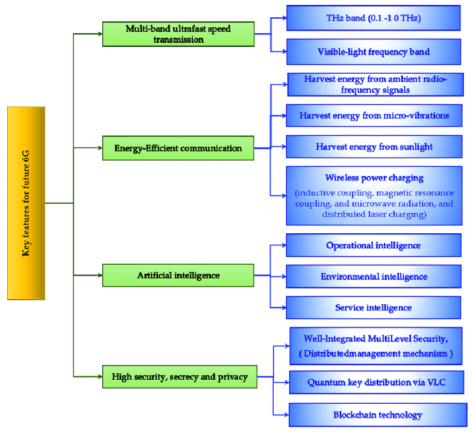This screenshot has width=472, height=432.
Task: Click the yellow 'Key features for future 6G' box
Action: click(x=26, y=203)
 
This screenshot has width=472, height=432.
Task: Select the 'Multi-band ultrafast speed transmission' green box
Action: click(x=178, y=34)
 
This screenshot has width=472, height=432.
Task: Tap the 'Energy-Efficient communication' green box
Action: click(x=178, y=148)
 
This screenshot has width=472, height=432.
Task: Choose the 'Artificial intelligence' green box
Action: click(x=178, y=275)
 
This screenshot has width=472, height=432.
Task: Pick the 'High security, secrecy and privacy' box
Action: click(x=180, y=377)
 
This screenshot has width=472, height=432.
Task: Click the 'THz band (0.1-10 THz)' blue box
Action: click(x=374, y=18)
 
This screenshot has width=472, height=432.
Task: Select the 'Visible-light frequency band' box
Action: click(x=374, y=52)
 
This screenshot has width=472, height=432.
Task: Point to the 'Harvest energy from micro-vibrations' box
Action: click(x=374, y=115)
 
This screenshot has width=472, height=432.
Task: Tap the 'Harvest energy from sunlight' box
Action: click(x=374, y=147)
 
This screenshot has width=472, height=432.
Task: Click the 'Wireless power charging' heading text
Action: click(x=374, y=178)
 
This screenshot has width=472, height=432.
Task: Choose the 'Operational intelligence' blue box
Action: click(x=374, y=245)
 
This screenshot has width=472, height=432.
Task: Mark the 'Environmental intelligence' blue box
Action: click(x=374, y=277)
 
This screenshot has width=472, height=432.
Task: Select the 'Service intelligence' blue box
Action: click(x=374, y=308)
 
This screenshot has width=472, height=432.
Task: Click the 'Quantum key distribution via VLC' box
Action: click(x=376, y=383)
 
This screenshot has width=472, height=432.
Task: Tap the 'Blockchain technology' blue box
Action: click(x=378, y=415)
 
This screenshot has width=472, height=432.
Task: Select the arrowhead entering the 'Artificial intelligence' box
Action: click(x=100, y=275)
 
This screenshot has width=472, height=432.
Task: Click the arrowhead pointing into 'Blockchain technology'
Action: click(x=286, y=415)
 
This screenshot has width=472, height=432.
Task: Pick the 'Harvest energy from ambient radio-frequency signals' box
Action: click(x=375, y=84)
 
